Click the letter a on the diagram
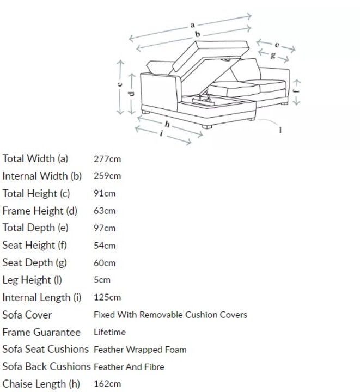(192, 25)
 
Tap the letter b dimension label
(198, 34)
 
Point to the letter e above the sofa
(277, 45)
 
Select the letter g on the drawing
(273, 55)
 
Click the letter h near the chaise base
(167, 124)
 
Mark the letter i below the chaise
(162, 133)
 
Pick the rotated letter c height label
(120, 84)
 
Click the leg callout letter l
(280, 130)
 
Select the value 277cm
(107, 159)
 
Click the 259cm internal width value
(107, 176)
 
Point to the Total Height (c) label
(36, 193)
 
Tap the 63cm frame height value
(105, 211)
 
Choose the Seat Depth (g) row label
(34, 263)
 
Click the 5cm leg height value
(102, 280)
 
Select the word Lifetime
(109, 332)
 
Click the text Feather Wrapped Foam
(140, 350)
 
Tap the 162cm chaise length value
(107, 384)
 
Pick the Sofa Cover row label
(27, 315)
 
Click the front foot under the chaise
(207, 127)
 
